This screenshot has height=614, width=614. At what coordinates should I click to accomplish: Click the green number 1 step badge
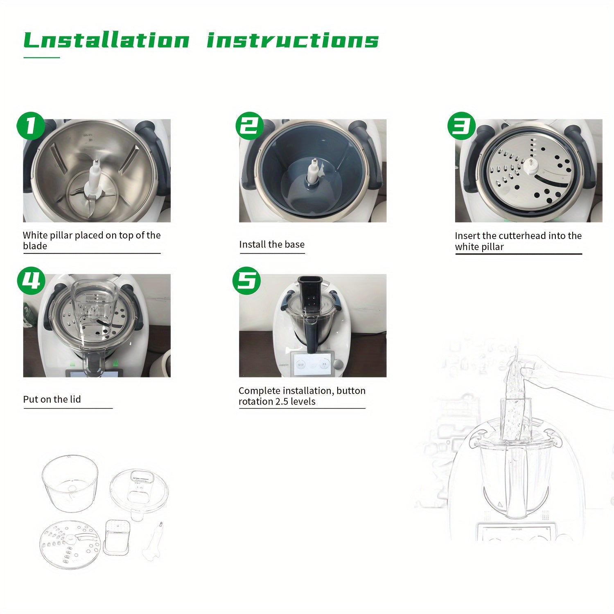30,126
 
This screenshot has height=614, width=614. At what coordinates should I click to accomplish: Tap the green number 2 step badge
249,125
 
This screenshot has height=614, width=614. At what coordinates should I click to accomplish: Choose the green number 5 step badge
246,281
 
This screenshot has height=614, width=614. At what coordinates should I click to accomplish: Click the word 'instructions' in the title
293,41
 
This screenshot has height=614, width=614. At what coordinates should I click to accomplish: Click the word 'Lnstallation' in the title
106,41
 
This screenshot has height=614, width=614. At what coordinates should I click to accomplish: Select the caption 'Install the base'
272,244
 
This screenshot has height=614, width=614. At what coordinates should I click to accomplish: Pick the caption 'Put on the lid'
52,399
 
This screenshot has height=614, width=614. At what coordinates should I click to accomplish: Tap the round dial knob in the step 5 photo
338,364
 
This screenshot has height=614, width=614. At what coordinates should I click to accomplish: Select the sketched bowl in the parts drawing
70,483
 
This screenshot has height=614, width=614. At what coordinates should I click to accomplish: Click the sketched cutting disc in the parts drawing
70,545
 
